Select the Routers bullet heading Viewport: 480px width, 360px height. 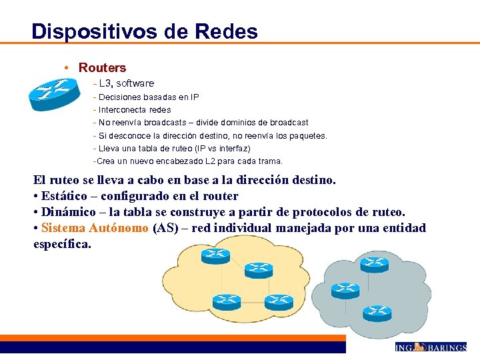tap(102, 67)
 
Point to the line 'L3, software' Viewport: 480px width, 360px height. tap(126, 83)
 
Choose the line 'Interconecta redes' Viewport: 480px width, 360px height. tap(135, 109)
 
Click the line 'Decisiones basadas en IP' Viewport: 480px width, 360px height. tap(148, 97)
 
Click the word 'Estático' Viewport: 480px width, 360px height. tap(65, 196)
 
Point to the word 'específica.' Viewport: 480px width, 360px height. tap(62, 244)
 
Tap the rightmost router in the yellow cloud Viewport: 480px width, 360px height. tap(279, 301)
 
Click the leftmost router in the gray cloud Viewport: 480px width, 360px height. tap(345, 289)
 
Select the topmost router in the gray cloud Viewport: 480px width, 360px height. tap(374, 264)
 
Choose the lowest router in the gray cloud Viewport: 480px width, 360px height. tap(377, 311)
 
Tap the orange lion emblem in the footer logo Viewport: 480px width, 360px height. tap(419, 347)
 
